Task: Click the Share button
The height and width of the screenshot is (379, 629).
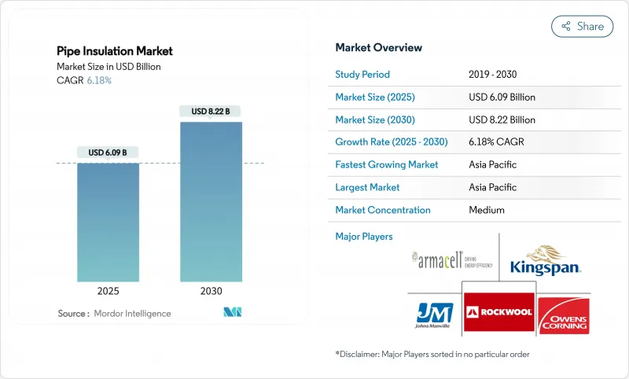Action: (583, 26)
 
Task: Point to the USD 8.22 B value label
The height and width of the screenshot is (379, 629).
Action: (211, 112)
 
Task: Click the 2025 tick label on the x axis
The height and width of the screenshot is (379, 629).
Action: (108, 290)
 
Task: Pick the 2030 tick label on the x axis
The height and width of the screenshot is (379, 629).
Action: (211, 290)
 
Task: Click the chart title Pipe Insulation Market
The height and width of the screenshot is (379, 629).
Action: (115, 51)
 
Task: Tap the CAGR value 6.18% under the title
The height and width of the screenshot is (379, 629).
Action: (98, 81)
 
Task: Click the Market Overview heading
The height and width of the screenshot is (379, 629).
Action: (378, 47)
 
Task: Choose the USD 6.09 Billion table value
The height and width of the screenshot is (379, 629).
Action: (502, 98)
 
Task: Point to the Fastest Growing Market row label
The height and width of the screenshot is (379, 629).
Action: (386, 165)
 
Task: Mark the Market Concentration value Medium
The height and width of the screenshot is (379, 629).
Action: (486, 210)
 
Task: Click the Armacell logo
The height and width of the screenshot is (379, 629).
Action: (452, 260)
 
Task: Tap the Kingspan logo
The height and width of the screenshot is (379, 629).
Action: (545, 260)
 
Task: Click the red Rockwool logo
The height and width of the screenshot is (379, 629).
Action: (498, 312)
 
